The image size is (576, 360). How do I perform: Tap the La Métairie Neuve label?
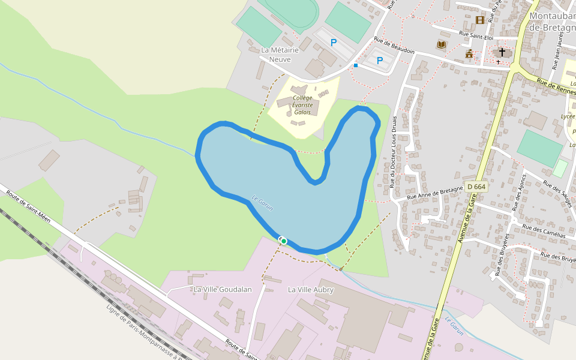[280, 55]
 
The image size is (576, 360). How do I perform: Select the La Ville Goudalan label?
[223, 289]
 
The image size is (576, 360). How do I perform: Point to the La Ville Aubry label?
[311, 290]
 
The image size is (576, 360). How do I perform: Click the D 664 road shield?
[475, 187]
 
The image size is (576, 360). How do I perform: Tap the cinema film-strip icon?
[479, 20]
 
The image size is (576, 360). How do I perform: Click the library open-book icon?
[442, 44]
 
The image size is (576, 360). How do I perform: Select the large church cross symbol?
[502, 52]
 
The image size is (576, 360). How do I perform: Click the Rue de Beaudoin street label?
[394, 46]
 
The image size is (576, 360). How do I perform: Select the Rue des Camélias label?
[544, 231]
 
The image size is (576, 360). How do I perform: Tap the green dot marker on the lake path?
[284, 241]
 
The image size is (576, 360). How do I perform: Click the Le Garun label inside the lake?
[262, 203]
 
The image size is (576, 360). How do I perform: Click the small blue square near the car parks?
[356, 65]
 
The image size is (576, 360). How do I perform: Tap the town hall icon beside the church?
[469, 54]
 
